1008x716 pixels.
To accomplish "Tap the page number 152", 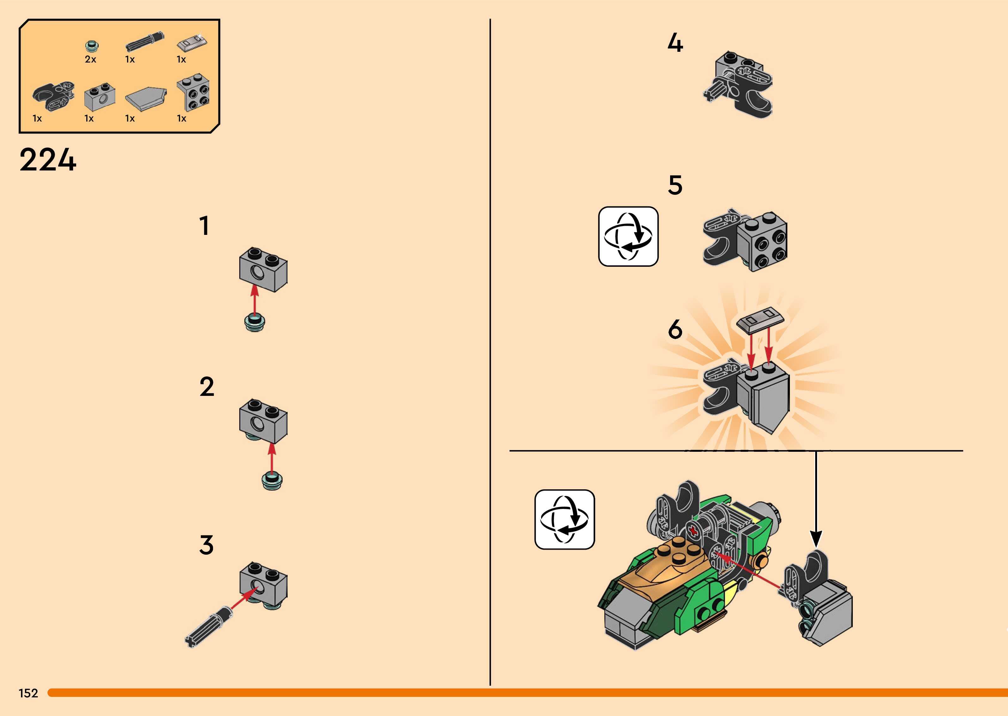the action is click(x=28, y=693).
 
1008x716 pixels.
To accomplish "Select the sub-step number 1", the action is click(x=204, y=226).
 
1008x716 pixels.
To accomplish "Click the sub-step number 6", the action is click(x=675, y=329).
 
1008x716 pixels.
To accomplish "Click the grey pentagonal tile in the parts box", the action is click(x=146, y=99).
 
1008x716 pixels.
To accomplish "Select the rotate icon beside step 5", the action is click(x=628, y=236).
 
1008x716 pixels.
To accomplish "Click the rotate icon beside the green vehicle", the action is click(x=565, y=519).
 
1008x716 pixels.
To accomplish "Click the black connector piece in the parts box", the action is click(x=53, y=94).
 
